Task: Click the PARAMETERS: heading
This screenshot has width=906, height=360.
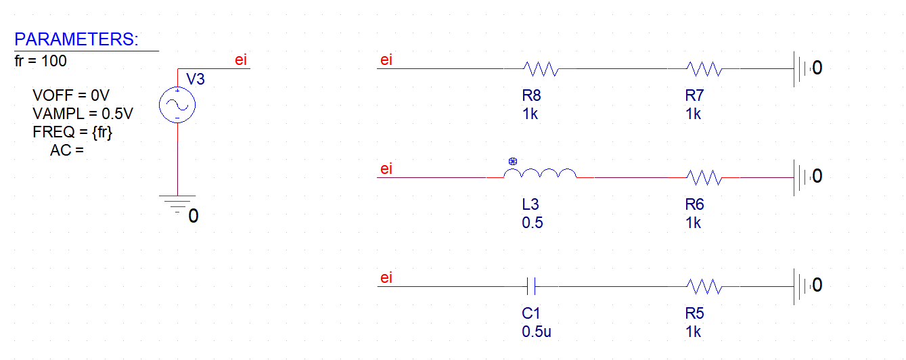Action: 76,39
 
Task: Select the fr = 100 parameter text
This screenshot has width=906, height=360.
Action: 41,61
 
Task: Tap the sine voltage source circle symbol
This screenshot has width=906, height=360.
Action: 177,105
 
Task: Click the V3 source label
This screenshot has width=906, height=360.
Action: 195,79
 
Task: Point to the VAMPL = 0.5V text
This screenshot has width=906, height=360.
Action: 83,113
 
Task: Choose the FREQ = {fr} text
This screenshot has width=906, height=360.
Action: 72,131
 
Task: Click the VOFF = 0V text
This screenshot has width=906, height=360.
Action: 70,96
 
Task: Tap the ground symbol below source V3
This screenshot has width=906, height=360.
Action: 177,202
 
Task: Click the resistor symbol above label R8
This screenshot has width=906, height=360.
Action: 539,68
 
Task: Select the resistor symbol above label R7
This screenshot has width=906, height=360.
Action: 704,68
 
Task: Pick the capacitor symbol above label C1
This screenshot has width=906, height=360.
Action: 532,287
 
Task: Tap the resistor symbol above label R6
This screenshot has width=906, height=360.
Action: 704,177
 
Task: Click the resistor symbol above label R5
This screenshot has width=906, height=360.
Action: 704,287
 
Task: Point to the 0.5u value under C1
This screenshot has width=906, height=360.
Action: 535,332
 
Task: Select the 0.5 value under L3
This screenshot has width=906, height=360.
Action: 532,223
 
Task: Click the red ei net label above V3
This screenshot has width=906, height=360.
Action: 241,60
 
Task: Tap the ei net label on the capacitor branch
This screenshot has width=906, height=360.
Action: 386,278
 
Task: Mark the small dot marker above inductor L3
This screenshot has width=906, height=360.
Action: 512,162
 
